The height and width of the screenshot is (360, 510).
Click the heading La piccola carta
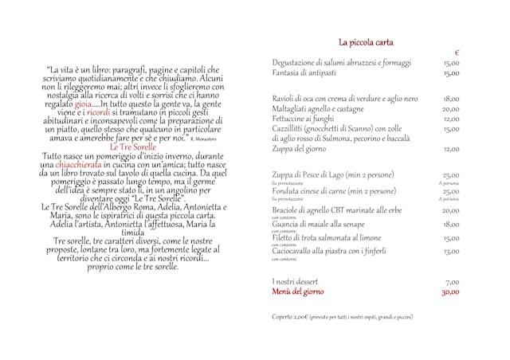(x=366, y=42)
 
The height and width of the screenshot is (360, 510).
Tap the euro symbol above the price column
(x=457, y=53)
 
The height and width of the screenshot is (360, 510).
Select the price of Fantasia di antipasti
(x=452, y=73)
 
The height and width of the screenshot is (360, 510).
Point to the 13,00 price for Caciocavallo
(x=452, y=251)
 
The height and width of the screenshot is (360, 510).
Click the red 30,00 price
(x=452, y=292)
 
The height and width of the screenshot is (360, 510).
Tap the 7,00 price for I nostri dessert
(x=453, y=282)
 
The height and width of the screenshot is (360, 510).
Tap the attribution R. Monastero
(x=204, y=140)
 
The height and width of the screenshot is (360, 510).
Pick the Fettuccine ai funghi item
(x=304, y=119)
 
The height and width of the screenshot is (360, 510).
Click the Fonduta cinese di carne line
(x=333, y=191)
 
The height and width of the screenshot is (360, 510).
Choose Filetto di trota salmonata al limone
(x=328, y=237)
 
